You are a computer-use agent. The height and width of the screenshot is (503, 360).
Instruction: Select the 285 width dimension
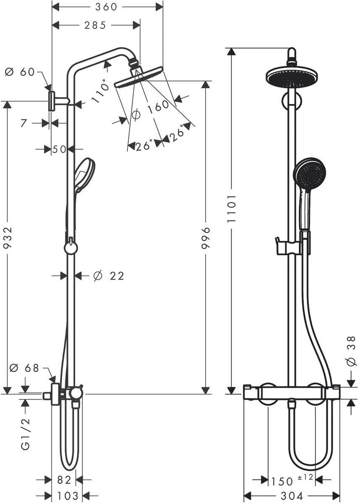95,26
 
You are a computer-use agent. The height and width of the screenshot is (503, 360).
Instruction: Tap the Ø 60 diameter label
20,72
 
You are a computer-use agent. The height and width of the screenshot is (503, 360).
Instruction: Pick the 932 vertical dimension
8,238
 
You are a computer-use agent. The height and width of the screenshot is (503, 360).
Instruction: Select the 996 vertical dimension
206,238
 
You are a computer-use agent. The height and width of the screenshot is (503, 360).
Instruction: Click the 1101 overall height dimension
232,208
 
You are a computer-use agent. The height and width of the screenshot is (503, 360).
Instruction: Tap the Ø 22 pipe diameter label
109,276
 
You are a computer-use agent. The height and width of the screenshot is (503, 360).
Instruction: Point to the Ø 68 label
24,368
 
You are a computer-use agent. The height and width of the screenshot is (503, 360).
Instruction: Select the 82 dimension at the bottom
64,480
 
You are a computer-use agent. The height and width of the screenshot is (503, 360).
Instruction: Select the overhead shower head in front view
292,77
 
